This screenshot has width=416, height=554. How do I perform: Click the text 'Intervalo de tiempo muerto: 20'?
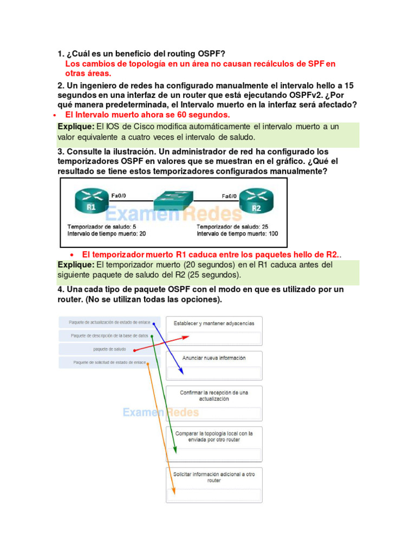[107, 234]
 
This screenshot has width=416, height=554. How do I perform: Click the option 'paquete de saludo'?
[109, 349]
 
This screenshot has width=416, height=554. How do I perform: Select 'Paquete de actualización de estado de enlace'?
[109, 322]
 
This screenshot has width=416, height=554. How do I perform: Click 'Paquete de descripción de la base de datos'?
[109, 335]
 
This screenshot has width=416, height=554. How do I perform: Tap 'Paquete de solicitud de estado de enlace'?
[109, 362]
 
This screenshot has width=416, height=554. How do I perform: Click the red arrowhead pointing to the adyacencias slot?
[186, 337]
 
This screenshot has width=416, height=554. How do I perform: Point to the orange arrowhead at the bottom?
[174, 492]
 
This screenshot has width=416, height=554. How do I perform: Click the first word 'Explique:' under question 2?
[76, 127]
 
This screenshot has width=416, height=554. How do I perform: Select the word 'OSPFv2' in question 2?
[293, 95]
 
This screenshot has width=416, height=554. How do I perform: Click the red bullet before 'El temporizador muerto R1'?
[72, 255]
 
